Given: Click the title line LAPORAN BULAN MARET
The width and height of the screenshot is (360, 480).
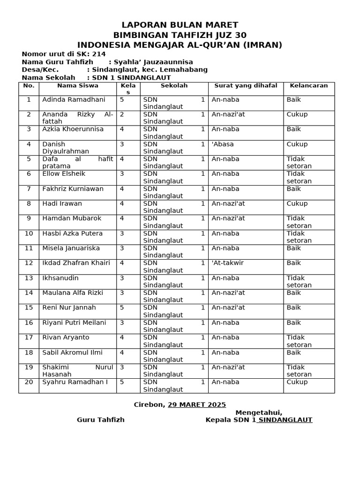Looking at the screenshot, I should pyautogui.click(x=180, y=25).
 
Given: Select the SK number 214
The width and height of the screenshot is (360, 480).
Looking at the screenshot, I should pyautogui.click(x=99, y=54).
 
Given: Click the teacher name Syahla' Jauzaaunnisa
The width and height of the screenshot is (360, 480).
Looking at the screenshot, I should pyautogui.click(x=150, y=62).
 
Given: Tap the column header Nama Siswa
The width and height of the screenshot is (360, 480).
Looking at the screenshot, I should pyautogui.click(x=78, y=86).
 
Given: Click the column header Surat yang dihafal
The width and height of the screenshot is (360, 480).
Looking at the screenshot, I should pyautogui.click(x=246, y=86).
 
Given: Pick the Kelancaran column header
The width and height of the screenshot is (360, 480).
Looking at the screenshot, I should pyautogui.click(x=308, y=86).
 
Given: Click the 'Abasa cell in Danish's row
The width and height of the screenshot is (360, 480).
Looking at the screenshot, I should pyautogui.click(x=223, y=144).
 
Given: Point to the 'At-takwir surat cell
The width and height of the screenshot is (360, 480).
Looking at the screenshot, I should pyautogui.click(x=228, y=263).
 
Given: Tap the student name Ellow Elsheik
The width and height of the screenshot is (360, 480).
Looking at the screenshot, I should pyautogui.click(x=64, y=174).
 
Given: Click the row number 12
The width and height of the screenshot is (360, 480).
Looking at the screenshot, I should pyautogui.click(x=29, y=263).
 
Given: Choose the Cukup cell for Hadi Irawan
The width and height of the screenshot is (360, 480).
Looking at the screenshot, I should pyautogui.click(x=297, y=203).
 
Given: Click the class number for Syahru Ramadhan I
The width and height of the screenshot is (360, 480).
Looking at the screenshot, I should pyautogui.click(x=122, y=382).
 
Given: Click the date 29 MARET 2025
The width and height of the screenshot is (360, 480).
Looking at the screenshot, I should pyautogui.click(x=197, y=405).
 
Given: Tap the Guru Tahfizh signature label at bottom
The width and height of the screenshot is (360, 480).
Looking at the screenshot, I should pyautogui.click(x=101, y=420).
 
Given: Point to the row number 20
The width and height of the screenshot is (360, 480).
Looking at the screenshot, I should pyautogui.click(x=29, y=382).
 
